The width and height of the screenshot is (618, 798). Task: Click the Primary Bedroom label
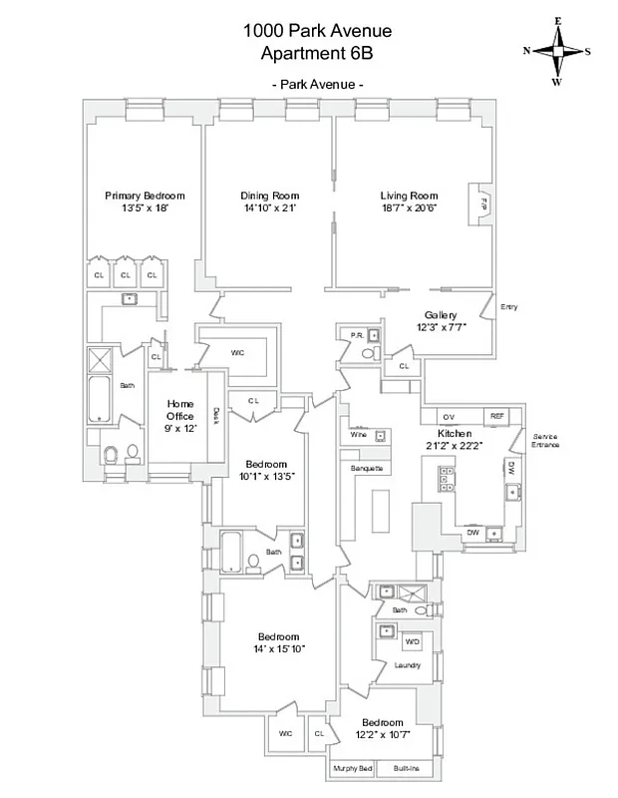pyautogui.click(x=145, y=196)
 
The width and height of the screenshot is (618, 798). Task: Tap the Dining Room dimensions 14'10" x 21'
pyautogui.click(x=269, y=207)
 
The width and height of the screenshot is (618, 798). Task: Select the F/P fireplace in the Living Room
pyautogui.click(x=483, y=202)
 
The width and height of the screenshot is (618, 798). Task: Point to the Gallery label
pyautogui.click(x=440, y=314)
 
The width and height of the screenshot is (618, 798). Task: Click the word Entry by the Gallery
pyautogui.click(x=509, y=307)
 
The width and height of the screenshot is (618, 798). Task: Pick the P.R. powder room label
pyautogui.click(x=354, y=335)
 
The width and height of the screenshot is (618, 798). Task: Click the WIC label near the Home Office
pyautogui.click(x=237, y=352)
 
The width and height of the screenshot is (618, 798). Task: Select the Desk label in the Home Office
pyautogui.click(x=215, y=412)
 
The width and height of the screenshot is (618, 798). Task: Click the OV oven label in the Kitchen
pyautogui.click(x=449, y=416)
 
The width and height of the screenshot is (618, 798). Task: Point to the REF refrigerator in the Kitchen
pyautogui.click(x=495, y=416)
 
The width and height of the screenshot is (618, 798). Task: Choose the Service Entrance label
pyautogui.click(x=545, y=440)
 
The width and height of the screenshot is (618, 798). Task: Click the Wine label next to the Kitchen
pyautogui.click(x=358, y=435)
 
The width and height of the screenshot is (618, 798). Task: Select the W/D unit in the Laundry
pyautogui.click(x=412, y=640)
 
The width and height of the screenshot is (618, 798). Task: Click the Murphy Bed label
pyautogui.click(x=353, y=768)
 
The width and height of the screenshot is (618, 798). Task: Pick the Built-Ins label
pyautogui.click(x=406, y=768)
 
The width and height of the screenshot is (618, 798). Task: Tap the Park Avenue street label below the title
pyautogui.click(x=317, y=85)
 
